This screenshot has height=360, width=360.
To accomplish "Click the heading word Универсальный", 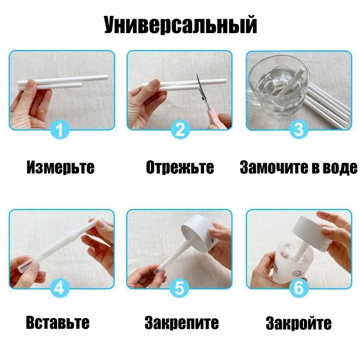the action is pyautogui.click(x=180, y=25).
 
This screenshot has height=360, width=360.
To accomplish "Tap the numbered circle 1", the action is pyautogui.click(x=60, y=130).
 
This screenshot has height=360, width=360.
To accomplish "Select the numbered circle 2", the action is pyautogui.click(x=180, y=130).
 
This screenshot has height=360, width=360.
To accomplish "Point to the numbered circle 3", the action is pyautogui.click(x=299, y=130).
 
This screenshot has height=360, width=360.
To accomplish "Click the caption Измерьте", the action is pyautogui.click(x=60, y=167).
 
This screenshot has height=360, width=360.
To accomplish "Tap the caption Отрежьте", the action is pyautogui.click(x=180, y=168).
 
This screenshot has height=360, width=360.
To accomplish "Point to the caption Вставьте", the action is pyautogui.click(x=58, y=323).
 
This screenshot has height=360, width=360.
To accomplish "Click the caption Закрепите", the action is pyautogui.click(x=181, y=323).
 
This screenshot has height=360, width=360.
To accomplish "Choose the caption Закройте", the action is pyautogui.click(x=299, y=323).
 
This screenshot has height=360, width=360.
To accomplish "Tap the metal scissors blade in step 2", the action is pyautogui.click(x=200, y=87).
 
